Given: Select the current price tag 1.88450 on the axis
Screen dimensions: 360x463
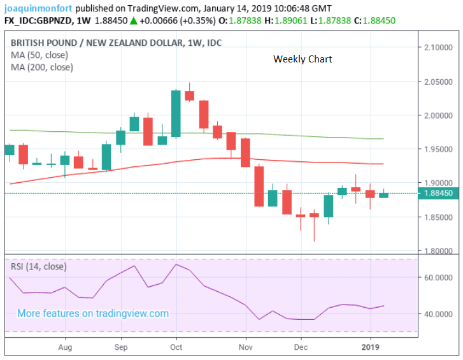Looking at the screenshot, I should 439,194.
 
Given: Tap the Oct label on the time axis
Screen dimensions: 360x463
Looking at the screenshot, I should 176,348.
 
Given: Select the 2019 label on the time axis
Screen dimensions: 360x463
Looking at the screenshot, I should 371,348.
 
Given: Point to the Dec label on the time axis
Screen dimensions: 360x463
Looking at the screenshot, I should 302,348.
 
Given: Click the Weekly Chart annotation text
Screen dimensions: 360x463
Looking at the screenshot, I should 303,59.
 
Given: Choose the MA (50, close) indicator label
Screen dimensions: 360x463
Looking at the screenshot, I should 39,55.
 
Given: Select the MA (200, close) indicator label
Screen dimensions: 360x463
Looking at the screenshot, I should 41,67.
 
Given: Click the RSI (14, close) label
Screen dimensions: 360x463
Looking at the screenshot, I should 38,266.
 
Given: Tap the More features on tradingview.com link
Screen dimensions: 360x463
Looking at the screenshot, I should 93,313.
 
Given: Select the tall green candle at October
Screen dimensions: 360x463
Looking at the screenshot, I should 176,113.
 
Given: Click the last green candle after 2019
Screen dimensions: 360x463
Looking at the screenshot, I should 383,195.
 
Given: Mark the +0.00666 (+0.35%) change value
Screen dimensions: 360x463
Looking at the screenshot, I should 177,21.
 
